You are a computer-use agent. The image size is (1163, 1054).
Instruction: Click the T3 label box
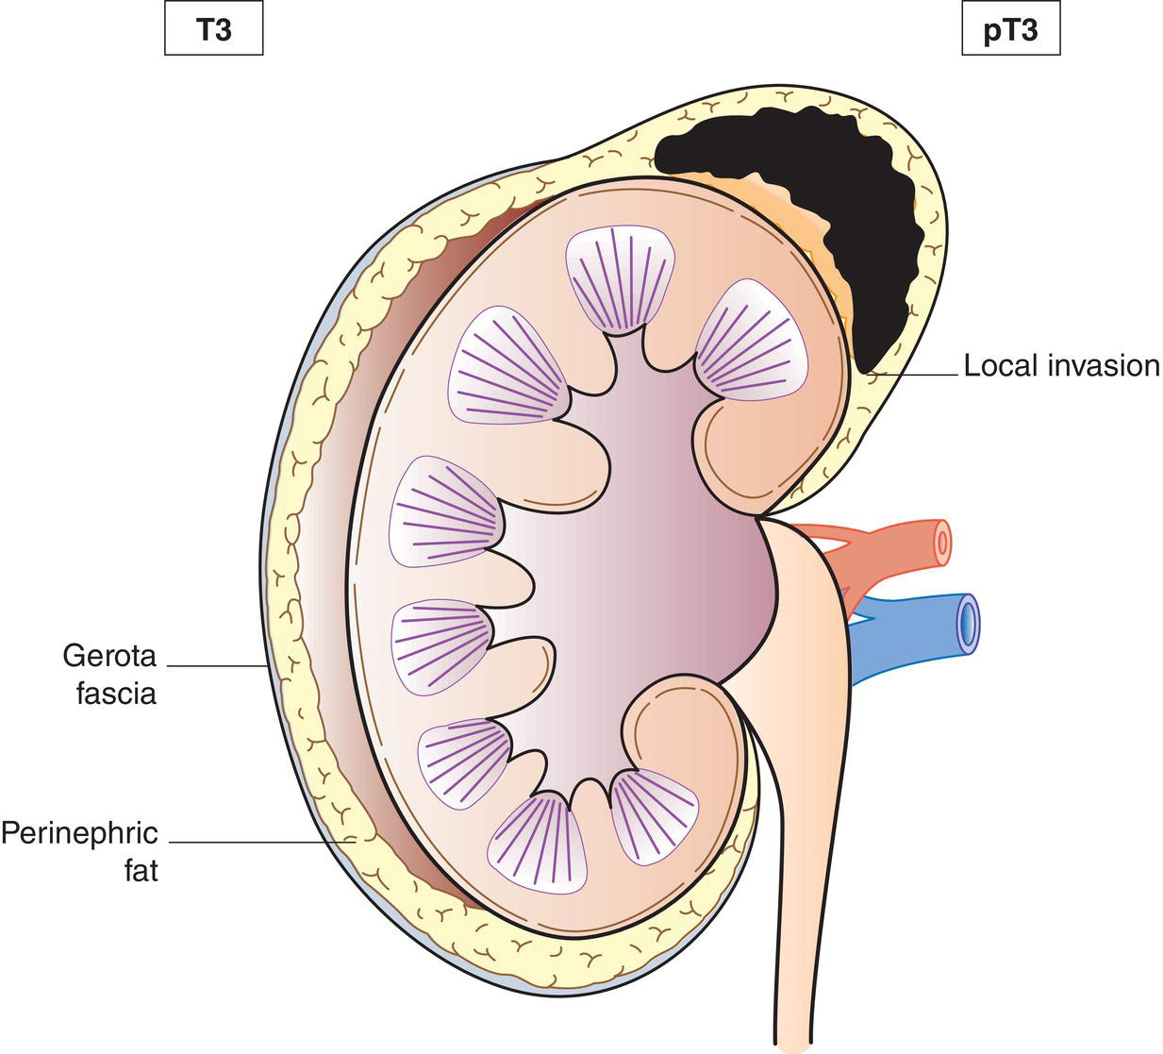pos(213,31)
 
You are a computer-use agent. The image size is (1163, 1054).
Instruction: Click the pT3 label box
pos(1010,31)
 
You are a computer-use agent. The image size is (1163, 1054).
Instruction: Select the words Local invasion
pos(1061,365)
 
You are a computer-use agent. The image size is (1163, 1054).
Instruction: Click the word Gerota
pos(109,654)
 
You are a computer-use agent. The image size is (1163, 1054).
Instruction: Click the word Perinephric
pos(79,834)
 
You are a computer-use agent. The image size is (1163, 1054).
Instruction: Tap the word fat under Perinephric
pos(141,869)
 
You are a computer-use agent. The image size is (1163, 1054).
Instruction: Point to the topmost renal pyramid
pos(621,279)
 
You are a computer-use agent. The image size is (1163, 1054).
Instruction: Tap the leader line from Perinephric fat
pos(255,841)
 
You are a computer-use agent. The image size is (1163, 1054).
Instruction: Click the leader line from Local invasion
pos(915,376)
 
